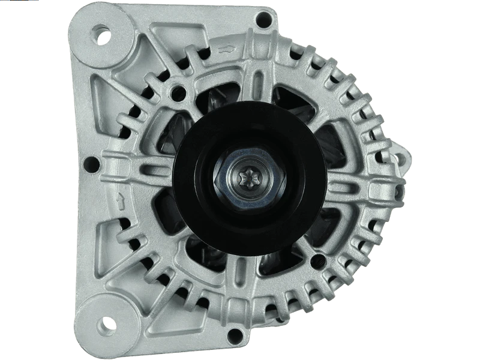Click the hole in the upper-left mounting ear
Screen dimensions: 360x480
(103, 34)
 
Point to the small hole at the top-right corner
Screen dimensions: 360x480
(261, 19)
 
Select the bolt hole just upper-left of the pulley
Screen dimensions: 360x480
(177, 92)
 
